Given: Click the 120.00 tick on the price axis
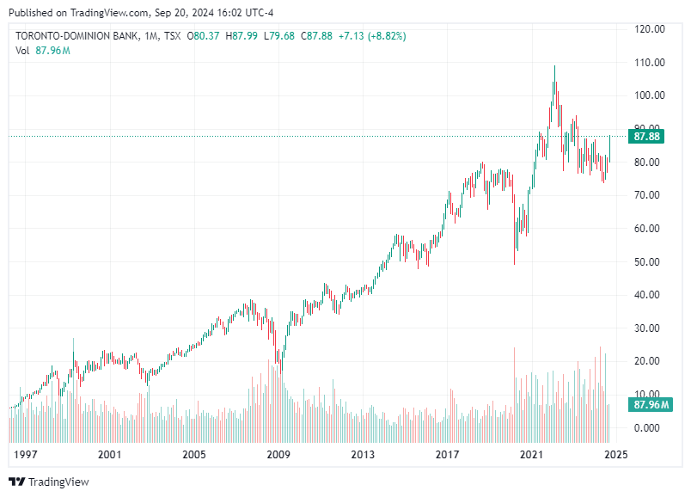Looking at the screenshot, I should coord(649,29).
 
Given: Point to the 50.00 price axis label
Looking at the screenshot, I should coord(649,261).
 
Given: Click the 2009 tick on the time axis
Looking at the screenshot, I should coord(278,453).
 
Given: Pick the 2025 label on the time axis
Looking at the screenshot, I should coord(616,453).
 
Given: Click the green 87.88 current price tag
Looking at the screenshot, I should coord(646,137).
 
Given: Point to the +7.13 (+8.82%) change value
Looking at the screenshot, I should coord(372,36).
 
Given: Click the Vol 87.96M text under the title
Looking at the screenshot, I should coord(42,51).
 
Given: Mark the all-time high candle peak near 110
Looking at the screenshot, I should coord(554,67).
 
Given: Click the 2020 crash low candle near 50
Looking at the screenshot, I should coord(515,263).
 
